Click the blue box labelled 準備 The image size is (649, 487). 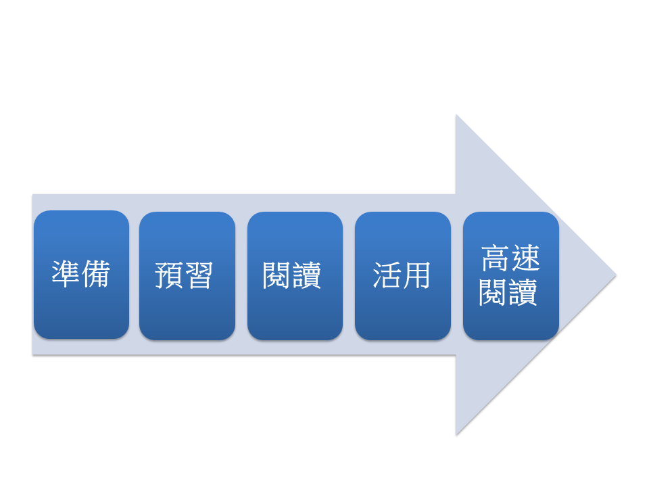81,275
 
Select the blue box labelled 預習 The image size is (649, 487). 187,275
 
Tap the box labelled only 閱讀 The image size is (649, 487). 295,275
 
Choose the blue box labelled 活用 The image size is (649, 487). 403,275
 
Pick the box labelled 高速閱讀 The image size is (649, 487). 510,275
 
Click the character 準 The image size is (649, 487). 66,275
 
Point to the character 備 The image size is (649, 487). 95,275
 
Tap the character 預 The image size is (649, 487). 170,275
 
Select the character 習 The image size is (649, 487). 199,275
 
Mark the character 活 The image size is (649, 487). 387,275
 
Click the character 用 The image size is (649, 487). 416,275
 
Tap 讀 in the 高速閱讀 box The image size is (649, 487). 525,293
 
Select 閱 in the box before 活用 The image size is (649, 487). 277,275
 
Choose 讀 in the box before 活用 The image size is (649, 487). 308,275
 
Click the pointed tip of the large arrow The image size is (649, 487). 615,275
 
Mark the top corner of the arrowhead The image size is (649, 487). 456,116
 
